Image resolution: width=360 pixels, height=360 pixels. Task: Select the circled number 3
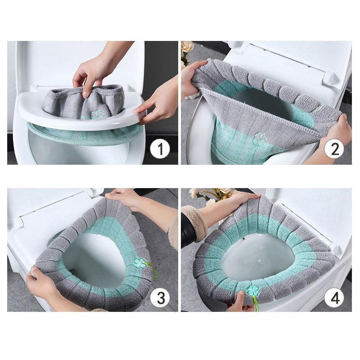[x=160, y=297]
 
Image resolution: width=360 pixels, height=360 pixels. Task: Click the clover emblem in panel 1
[x=97, y=115]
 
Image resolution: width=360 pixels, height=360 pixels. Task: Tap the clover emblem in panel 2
[x=260, y=138]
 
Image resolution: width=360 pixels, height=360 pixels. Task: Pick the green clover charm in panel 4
[x=253, y=291]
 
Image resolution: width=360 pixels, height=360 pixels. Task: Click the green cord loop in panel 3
[x=153, y=272]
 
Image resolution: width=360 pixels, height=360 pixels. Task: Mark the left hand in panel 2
[x=191, y=76]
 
